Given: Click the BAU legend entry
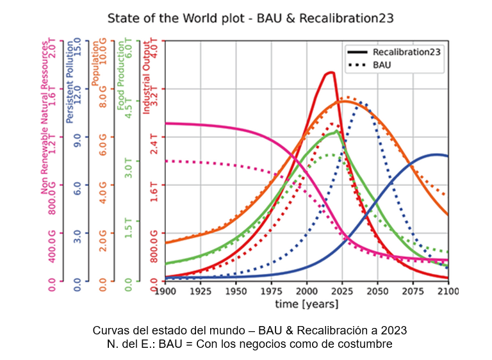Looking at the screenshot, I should pos(382,64).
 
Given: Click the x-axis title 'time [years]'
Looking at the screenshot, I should pos(307,304).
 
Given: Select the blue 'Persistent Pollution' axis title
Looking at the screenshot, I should pos(70,83).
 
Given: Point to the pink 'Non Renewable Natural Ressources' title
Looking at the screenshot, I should pos(44,122).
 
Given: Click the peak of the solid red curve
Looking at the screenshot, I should pos(331,72).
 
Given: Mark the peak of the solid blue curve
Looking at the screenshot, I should pos(436,154).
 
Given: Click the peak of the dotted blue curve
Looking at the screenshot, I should pos(361,101).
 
